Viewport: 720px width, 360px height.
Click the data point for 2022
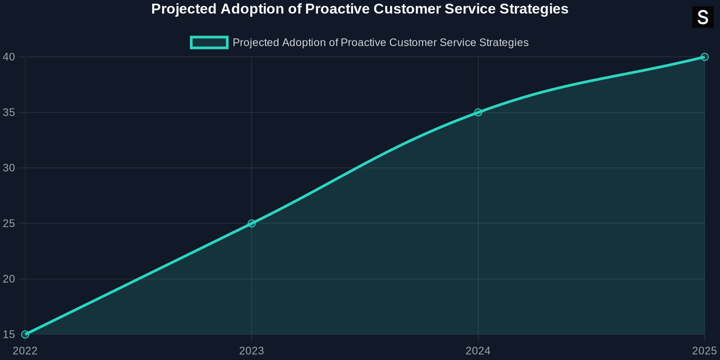(25, 334)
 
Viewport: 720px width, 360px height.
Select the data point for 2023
(252, 223)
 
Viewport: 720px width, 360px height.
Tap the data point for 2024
(478, 112)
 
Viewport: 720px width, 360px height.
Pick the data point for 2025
(705, 57)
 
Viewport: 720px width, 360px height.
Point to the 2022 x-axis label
(25, 351)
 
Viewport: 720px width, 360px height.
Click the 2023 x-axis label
(252, 351)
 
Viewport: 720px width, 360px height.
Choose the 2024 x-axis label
(478, 351)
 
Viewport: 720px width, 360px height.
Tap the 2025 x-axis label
(704, 351)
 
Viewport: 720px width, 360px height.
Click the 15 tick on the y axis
(9, 334)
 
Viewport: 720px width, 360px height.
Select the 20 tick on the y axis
(9, 279)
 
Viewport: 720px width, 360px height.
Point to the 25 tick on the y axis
(9, 223)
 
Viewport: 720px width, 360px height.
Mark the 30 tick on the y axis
(9, 168)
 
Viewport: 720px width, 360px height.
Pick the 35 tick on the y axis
(9, 112)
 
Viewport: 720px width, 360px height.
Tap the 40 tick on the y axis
(9, 57)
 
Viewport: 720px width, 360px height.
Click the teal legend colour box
(209, 42)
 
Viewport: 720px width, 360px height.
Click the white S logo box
(702, 18)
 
